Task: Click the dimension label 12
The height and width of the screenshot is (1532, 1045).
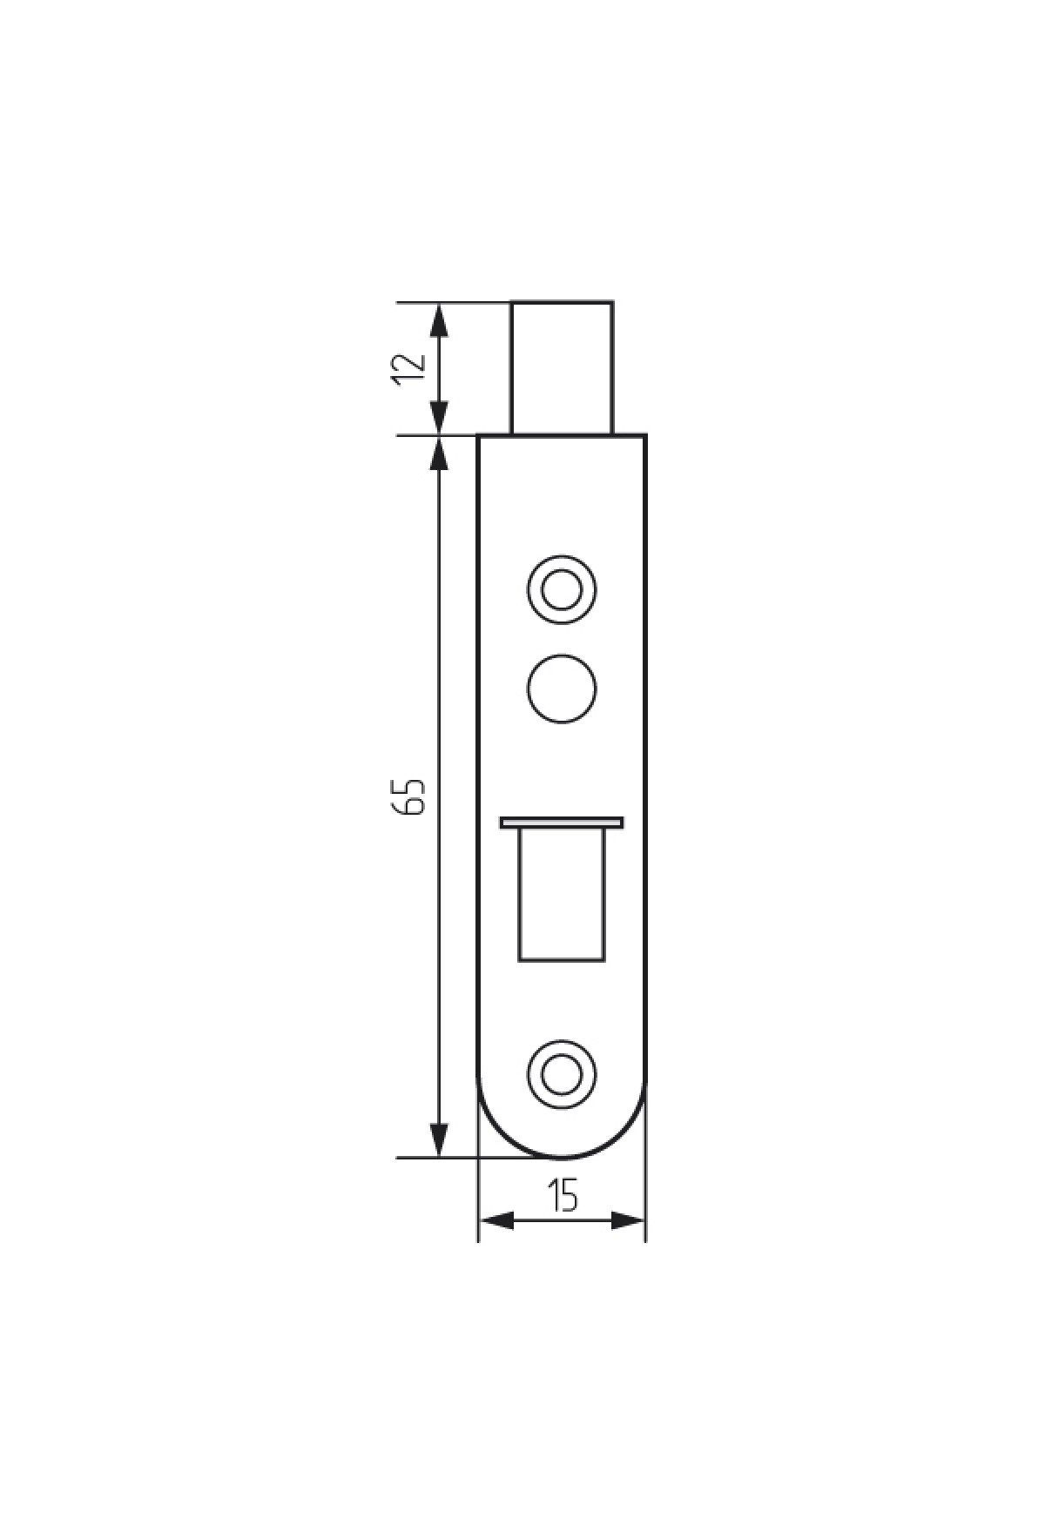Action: tap(408, 368)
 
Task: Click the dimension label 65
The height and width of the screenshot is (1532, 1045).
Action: tap(408, 795)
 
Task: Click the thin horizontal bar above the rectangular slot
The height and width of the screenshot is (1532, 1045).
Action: tap(562, 822)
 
